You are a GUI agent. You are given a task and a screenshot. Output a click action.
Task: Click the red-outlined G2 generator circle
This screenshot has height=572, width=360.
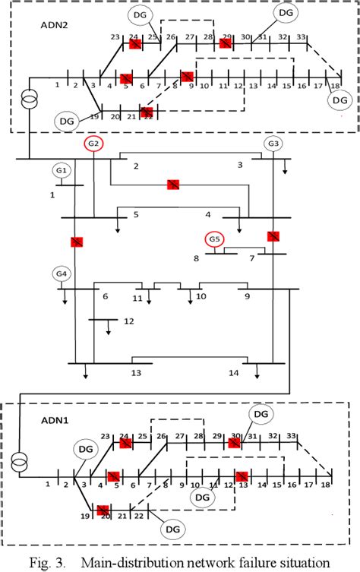click(94, 144)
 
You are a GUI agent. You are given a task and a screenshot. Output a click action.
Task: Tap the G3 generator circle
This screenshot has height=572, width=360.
click(273, 144)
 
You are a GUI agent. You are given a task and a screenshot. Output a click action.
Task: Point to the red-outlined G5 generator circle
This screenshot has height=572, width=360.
click(215, 240)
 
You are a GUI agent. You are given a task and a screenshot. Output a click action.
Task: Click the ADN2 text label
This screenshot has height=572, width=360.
click(54, 24)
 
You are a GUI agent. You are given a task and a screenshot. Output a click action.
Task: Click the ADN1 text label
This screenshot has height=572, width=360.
click(54, 418)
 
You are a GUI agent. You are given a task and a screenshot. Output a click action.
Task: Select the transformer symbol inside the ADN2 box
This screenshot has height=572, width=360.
click(28, 100)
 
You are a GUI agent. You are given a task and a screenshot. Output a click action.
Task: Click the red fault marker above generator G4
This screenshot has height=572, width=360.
click(76, 242)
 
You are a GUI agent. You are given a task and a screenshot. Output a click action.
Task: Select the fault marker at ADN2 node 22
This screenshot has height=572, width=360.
click(147, 112)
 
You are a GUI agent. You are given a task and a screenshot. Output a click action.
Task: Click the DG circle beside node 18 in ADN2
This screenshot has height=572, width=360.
click(339, 100)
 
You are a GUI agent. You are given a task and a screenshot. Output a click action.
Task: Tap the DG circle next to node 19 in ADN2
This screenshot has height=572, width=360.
click(66, 120)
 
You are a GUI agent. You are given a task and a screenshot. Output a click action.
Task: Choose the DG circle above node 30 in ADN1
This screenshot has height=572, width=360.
click(261, 413)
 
